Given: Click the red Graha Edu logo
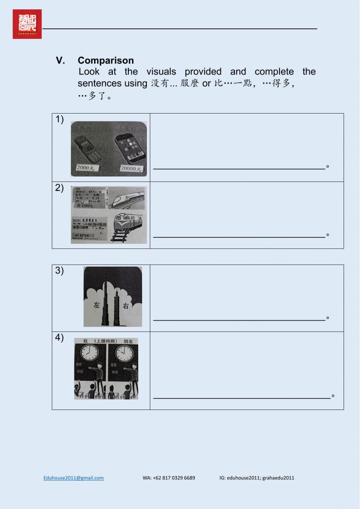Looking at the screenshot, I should (x=27, y=24).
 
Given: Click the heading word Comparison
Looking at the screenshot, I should (x=105, y=60).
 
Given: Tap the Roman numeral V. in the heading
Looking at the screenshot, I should (x=60, y=60).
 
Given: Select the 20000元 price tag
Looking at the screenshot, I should (x=131, y=168).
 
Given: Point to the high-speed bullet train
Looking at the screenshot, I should (x=127, y=198).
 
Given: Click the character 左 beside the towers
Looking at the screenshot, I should (x=96, y=305).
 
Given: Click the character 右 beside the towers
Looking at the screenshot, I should (x=126, y=306).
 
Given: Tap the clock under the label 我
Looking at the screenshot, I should (x=89, y=353).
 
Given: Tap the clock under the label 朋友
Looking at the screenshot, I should (x=125, y=353).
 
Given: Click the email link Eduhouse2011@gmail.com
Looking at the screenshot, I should (x=73, y=478).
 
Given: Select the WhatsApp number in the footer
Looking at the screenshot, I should (x=169, y=478).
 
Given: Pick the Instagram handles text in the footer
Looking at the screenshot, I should (x=257, y=478).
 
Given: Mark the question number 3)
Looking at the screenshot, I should (x=59, y=271).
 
